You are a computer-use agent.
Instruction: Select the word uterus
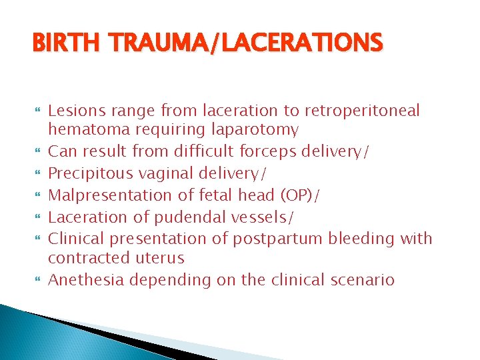click(161, 257)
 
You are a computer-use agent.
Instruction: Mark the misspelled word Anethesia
click(87, 279)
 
